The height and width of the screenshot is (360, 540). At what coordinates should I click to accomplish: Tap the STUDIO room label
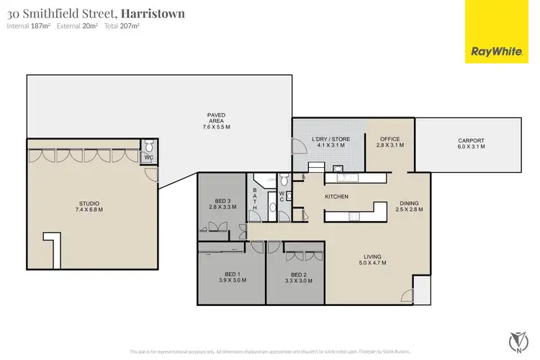tap(89, 207)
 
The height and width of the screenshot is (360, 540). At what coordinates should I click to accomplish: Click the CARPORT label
tap(471, 143)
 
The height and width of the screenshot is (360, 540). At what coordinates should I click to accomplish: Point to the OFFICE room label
tap(390, 142)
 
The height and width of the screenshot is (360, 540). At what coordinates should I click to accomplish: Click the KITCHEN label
tap(337, 197)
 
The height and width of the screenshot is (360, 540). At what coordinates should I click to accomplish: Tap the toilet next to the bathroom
tap(284, 179)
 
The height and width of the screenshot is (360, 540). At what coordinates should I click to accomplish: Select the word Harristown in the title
tap(152, 13)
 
